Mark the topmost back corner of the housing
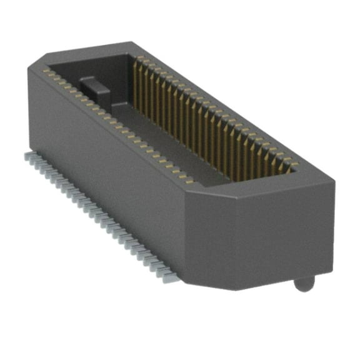point(132,42)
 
